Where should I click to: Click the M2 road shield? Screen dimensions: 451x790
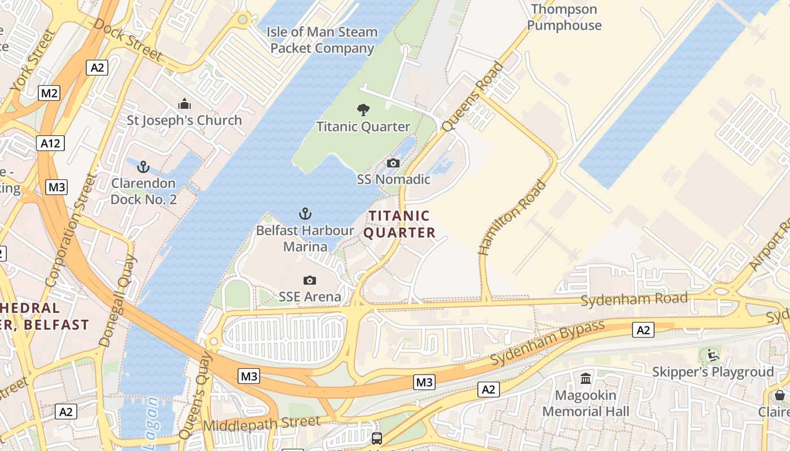point(49,93)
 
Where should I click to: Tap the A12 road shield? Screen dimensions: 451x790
point(50,143)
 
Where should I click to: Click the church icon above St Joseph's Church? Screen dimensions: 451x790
point(184,104)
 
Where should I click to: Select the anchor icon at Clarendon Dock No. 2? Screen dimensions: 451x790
point(143,167)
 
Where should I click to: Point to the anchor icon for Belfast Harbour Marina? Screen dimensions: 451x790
point(305,214)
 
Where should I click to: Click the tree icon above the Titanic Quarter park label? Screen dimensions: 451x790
point(363,110)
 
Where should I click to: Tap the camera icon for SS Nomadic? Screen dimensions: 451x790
point(393,163)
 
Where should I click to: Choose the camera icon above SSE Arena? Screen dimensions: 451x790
point(309,280)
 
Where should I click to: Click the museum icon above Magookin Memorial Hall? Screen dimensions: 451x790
point(586,379)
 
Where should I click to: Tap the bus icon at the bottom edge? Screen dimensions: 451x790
point(376,438)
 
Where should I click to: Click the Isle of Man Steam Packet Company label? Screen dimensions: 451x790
point(322,40)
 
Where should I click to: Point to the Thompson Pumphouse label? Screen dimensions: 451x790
point(564,17)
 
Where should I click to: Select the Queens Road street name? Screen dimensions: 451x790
point(472,97)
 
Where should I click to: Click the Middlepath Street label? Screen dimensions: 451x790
point(262,423)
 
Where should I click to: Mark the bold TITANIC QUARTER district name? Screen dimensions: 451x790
point(400,224)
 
